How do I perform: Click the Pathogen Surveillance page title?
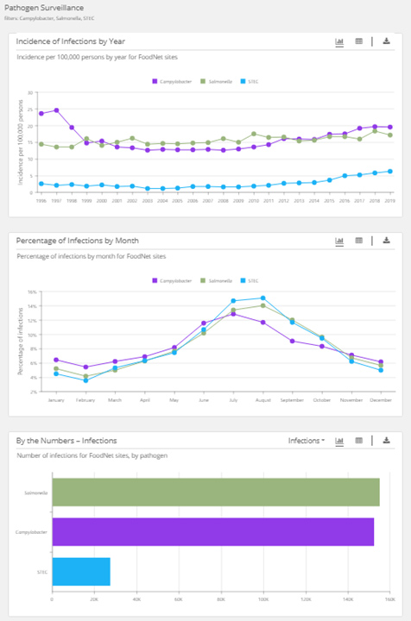pyautogui.click(x=44, y=8)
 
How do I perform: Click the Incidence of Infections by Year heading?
pyautogui.click(x=71, y=41)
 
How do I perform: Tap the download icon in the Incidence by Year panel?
pyautogui.click(x=387, y=41)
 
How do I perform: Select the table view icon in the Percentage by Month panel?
pyautogui.click(x=358, y=241)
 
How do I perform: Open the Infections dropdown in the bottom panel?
pyautogui.click(x=307, y=440)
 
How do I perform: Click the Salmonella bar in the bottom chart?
pyautogui.click(x=216, y=492)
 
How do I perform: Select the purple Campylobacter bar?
pyautogui.click(x=212, y=531)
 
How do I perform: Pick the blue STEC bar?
pyautogui.click(x=81, y=571)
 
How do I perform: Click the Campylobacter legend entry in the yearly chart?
pyautogui.click(x=174, y=81)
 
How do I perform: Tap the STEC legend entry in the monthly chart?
pyautogui.click(x=250, y=280)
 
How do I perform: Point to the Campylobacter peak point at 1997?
pyautogui.click(x=56, y=110)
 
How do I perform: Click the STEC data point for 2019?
pyautogui.click(x=390, y=171)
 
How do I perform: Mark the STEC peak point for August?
pyautogui.click(x=262, y=298)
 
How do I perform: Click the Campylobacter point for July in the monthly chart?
pyautogui.click(x=233, y=314)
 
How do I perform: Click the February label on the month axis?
pyautogui.click(x=85, y=400)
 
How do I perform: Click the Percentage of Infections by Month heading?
pyautogui.click(x=78, y=241)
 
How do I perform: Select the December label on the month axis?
pyautogui.click(x=381, y=400)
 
